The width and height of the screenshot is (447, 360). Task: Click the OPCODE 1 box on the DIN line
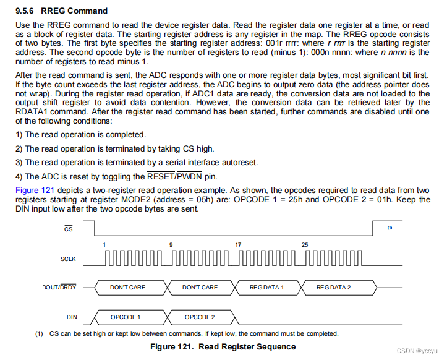126,317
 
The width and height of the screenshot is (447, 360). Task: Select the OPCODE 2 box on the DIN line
200,317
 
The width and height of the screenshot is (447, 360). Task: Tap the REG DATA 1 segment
266,288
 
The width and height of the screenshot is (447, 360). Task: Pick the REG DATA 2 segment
333,288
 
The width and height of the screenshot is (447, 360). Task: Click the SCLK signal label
68,259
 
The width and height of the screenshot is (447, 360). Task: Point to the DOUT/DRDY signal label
61,288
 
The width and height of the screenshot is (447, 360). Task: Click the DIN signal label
72,317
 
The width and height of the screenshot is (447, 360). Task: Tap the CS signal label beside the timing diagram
69,229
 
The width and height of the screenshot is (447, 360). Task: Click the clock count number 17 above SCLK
238,245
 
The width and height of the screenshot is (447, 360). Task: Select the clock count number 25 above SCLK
305,245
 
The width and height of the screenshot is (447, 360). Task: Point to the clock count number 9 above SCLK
171,245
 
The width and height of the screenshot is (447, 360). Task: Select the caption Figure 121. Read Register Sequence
223,346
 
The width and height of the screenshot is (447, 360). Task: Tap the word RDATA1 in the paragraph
35,112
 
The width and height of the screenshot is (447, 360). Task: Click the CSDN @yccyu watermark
418,351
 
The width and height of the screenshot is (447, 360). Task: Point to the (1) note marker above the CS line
390,228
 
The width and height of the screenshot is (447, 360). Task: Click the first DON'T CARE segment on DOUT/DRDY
127,288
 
